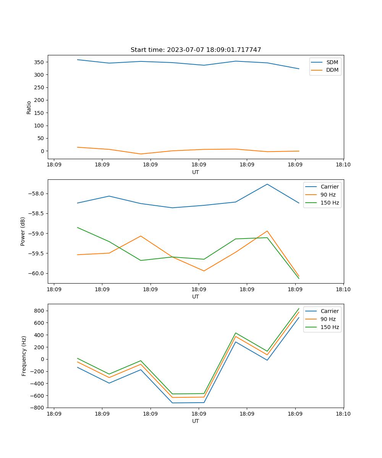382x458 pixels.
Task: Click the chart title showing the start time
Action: tap(196, 50)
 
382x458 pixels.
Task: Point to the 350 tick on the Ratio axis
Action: tap(40, 62)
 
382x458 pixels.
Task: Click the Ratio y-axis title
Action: tap(29, 108)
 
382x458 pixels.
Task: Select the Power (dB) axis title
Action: tap(23, 231)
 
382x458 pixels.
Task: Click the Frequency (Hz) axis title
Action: tap(24, 356)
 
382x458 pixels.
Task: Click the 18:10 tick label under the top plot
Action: tap(343, 164)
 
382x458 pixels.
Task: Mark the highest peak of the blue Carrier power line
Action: tap(267, 184)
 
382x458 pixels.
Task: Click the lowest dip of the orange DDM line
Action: tap(141, 154)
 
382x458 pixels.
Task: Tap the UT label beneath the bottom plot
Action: tap(196, 421)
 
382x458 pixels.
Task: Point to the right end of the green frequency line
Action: tap(299, 309)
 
